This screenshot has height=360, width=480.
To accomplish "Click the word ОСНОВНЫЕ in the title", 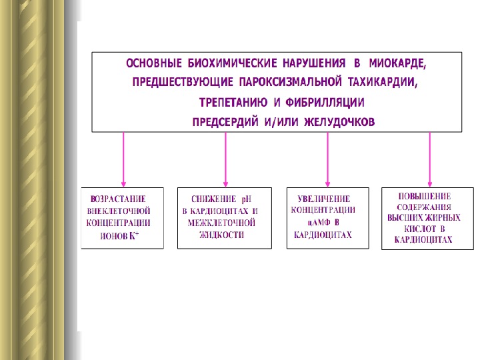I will pos(154,65).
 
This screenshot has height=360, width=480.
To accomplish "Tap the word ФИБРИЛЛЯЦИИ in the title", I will pos(325,103).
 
